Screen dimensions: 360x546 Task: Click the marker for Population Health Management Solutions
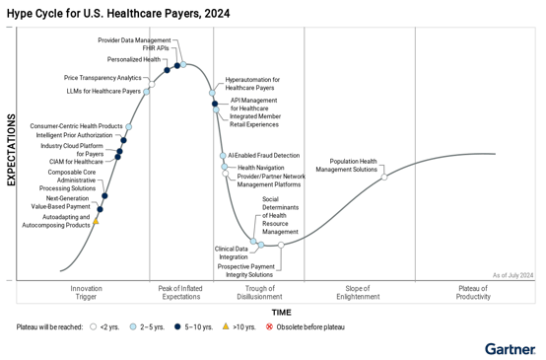pos(384,176)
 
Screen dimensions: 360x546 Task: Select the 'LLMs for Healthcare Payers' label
pos(103,91)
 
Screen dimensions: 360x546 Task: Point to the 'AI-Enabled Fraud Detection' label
pos(263,155)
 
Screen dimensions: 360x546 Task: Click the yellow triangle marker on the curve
pos(96,221)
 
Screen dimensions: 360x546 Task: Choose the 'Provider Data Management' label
pos(134,39)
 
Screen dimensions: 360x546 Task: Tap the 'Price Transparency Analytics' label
pos(102,77)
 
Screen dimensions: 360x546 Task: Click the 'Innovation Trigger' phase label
pos(86,292)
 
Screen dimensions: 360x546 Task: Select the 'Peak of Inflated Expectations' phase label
pos(180,292)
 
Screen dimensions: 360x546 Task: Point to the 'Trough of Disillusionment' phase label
pos(260,292)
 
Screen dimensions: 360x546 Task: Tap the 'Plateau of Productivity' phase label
pos(473,292)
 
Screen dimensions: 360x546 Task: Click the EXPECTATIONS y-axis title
pos(11,149)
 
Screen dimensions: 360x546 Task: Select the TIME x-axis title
pos(281,311)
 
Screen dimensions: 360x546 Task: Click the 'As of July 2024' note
pos(512,275)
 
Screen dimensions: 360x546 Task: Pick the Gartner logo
pos(511,348)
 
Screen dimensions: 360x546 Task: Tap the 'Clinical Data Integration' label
pos(232,252)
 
